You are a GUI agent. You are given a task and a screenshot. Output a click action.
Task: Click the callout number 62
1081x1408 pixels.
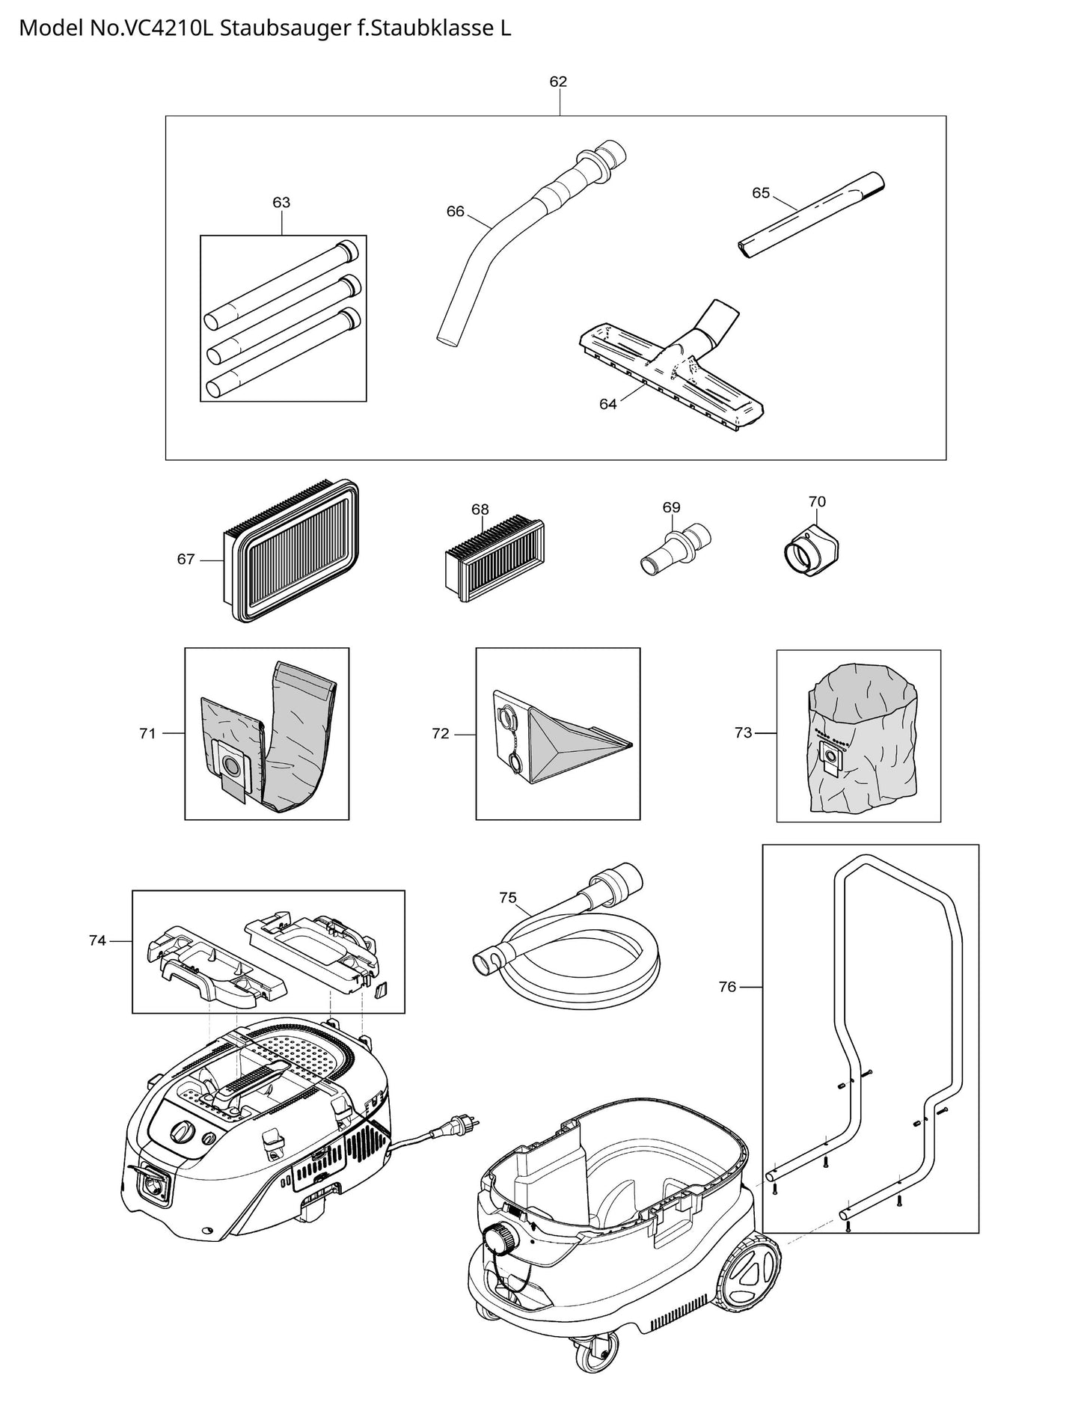(558, 82)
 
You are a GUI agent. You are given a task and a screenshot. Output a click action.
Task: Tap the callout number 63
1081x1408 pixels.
(281, 202)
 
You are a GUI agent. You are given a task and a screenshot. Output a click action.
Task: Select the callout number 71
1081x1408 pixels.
(147, 733)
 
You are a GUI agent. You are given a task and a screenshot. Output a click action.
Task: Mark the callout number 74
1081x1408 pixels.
(97, 940)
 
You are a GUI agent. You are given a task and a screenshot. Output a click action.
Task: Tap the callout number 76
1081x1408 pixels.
(727, 987)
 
